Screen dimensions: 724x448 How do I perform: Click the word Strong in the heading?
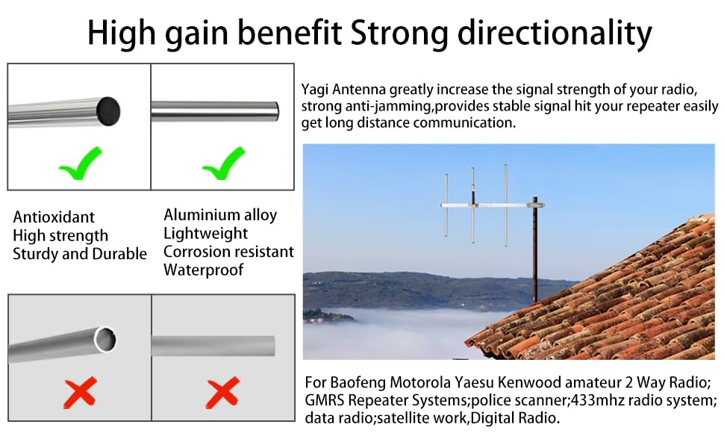pos(399,34)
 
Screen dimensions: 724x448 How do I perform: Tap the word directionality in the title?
pos(555,34)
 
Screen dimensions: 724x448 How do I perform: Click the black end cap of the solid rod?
pos(108,111)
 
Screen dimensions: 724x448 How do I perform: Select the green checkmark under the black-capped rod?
pos(81,163)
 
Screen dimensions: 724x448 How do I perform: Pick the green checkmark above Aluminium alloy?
pos(224,163)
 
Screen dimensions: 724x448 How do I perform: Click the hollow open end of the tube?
pos(105,340)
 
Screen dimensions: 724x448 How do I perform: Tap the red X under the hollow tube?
pos(81,393)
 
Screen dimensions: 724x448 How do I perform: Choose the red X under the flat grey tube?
pos(222,393)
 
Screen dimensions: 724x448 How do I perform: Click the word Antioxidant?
pos(54,217)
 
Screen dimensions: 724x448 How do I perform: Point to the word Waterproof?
pos(203,270)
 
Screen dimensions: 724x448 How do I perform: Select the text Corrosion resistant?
pos(228,252)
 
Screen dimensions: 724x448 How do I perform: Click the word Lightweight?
pos(205,234)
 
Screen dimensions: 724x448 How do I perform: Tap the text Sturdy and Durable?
pos(80,254)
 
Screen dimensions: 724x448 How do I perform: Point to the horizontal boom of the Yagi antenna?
pos(492,205)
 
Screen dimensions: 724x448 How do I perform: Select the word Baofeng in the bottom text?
pos(358,383)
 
